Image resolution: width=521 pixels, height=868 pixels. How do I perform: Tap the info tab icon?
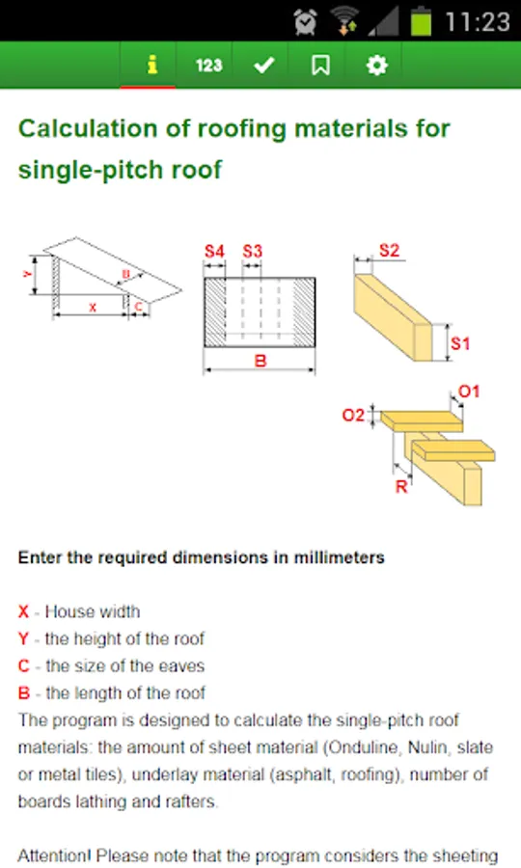[x=151, y=65]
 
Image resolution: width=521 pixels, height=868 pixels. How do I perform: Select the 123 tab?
[x=208, y=66]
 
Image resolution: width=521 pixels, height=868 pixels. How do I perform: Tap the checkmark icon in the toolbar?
[x=264, y=66]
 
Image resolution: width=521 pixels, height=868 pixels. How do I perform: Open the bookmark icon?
[x=320, y=66]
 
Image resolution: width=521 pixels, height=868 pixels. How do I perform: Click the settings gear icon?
[x=377, y=66]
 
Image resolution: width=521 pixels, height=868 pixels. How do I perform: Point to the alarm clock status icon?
[x=305, y=21]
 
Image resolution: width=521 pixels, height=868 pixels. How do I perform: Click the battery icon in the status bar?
[x=421, y=21]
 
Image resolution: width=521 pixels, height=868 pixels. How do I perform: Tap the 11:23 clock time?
[x=478, y=22]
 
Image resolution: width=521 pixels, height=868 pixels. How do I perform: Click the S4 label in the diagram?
[x=214, y=252]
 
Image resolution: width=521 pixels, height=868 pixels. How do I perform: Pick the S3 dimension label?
[x=252, y=252]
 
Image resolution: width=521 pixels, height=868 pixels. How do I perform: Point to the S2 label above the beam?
[x=389, y=250]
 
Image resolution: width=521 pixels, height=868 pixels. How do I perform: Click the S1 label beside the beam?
[x=459, y=343]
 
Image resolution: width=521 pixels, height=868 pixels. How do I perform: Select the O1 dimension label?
[x=468, y=392]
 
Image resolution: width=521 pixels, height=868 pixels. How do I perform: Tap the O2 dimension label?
[x=353, y=415]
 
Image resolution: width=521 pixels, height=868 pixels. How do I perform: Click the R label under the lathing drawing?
[x=401, y=487]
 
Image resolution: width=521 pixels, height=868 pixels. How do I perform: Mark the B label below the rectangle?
[x=260, y=361]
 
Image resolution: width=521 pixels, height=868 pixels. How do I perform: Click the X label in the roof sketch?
[x=93, y=308]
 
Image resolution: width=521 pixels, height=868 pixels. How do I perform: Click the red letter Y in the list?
[x=23, y=638]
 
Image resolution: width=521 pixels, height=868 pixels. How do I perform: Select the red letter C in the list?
[x=24, y=665]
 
